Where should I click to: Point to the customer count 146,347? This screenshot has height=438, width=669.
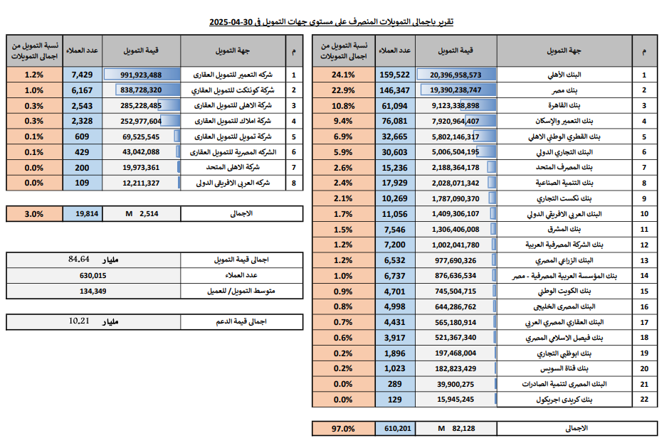[395, 90]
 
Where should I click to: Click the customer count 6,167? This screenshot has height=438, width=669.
[82, 90]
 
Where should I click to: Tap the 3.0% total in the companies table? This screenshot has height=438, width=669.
[33, 213]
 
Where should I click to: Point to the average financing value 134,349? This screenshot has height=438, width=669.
[93, 290]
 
